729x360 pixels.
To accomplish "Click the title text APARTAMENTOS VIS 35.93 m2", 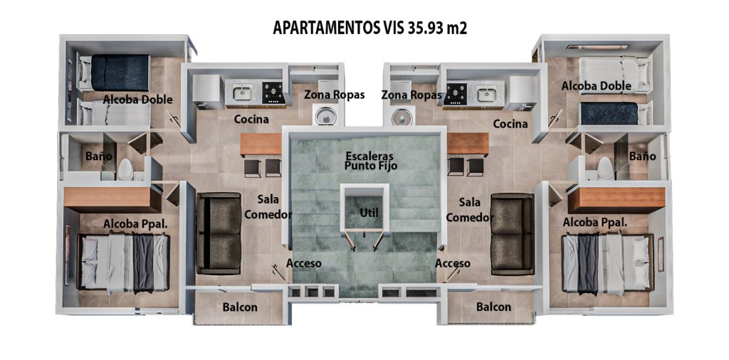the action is pyautogui.click(x=369, y=28).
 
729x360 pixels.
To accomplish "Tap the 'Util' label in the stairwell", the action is pyautogui.click(x=369, y=213).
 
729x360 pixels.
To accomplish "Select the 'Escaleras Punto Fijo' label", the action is pyautogui.click(x=370, y=160).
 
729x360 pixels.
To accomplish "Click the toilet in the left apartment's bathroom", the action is pyautogui.click(x=125, y=169).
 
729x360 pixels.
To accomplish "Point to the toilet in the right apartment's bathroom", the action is pyautogui.click(x=605, y=168).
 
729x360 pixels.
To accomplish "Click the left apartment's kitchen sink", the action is pyautogui.click(x=242, y=94).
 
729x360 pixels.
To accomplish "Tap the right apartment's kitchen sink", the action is pyautogui.click(x=486, y=95).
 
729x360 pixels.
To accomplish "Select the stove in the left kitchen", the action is pyautogui.click(x=273, y=92).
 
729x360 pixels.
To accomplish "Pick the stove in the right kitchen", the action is pyautogui.click(x=455, y=94).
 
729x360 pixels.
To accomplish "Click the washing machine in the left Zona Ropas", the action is pyautogui.click(x=325, y=116).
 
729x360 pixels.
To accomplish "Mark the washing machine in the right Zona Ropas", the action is pyautogui.click(x=402, y=116).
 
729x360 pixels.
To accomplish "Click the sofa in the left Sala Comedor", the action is pyautogui.click(x=219, y=233).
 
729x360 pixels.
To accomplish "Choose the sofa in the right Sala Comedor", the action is pyautogui.click(x=513, y=233).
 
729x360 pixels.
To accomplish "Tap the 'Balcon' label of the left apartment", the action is pyautogui.click(x=240, y=307).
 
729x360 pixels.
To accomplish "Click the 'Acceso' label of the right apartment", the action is pyautogui.click(x=453, y=263).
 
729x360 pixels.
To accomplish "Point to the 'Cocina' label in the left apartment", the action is pyautogui.click(x=251, y=120).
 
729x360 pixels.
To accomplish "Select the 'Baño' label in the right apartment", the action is pyautogui.click(x=643, y=156).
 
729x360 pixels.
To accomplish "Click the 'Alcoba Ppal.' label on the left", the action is pyautogui.click(x=135, y=224).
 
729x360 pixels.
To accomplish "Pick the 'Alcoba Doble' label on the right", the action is pyautogui.click(x=597, y=86).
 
